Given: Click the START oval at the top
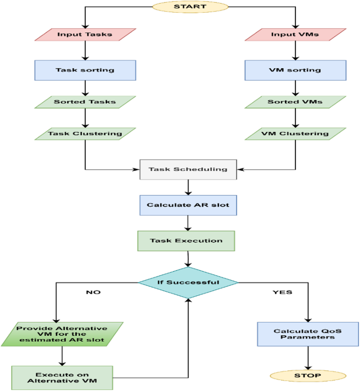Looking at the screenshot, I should [190, 7].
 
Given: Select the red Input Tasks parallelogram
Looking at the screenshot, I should [85, 35].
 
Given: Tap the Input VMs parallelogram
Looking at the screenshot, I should [295, 35].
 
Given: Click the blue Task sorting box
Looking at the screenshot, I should [85, 69].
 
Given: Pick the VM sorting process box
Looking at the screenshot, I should [295, 69].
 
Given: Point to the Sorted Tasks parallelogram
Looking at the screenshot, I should [85, 101].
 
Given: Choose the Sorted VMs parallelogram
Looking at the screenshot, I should [295, 101].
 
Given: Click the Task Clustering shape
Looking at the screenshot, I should [85, 133].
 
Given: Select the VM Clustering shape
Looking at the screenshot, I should [295, 133].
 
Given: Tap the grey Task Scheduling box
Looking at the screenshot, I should [188, 169].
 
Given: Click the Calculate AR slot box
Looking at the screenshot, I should [188, 205].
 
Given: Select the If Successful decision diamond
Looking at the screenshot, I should [188, 282].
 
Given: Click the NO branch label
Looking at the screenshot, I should [93, 292].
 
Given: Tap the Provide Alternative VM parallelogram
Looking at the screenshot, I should [62, 334].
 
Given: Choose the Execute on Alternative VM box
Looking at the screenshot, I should [62, 377].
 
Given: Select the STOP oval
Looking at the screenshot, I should [308, 376].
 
